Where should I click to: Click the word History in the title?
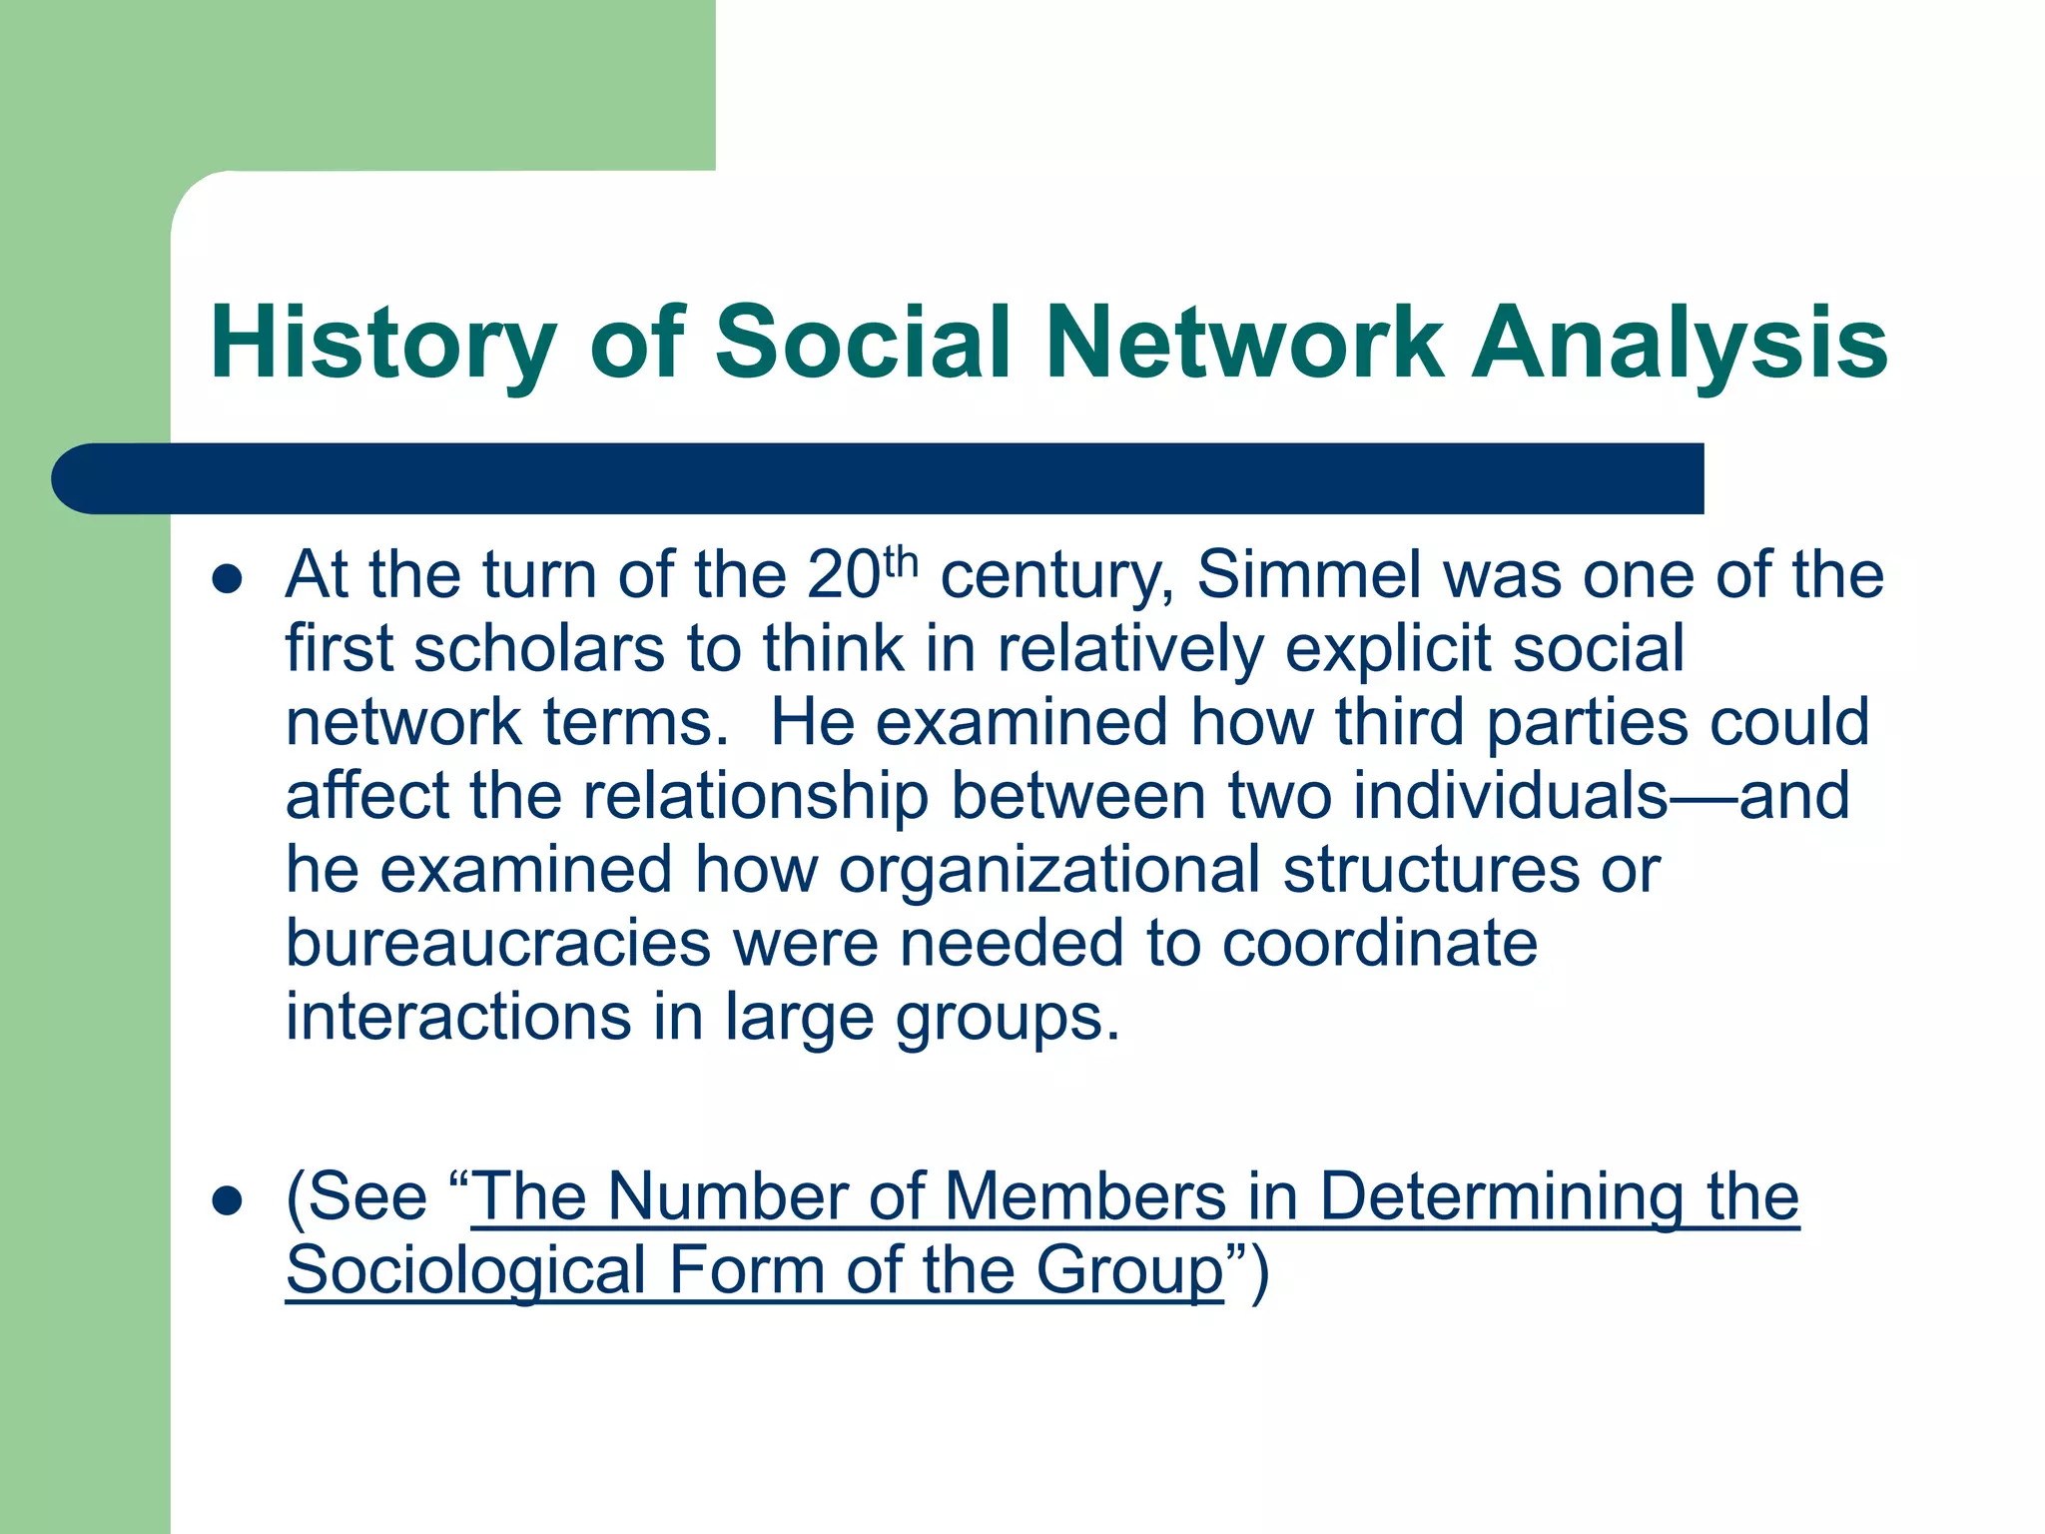382,343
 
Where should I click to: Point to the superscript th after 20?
900,562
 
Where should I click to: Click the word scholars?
539,649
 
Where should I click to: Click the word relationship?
755,796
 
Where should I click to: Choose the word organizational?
1049,870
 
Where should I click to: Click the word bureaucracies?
498,944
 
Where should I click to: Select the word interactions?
458,1018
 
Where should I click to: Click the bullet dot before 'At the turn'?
228,579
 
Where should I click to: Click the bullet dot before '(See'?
228,1200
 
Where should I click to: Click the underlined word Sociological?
466,1270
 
